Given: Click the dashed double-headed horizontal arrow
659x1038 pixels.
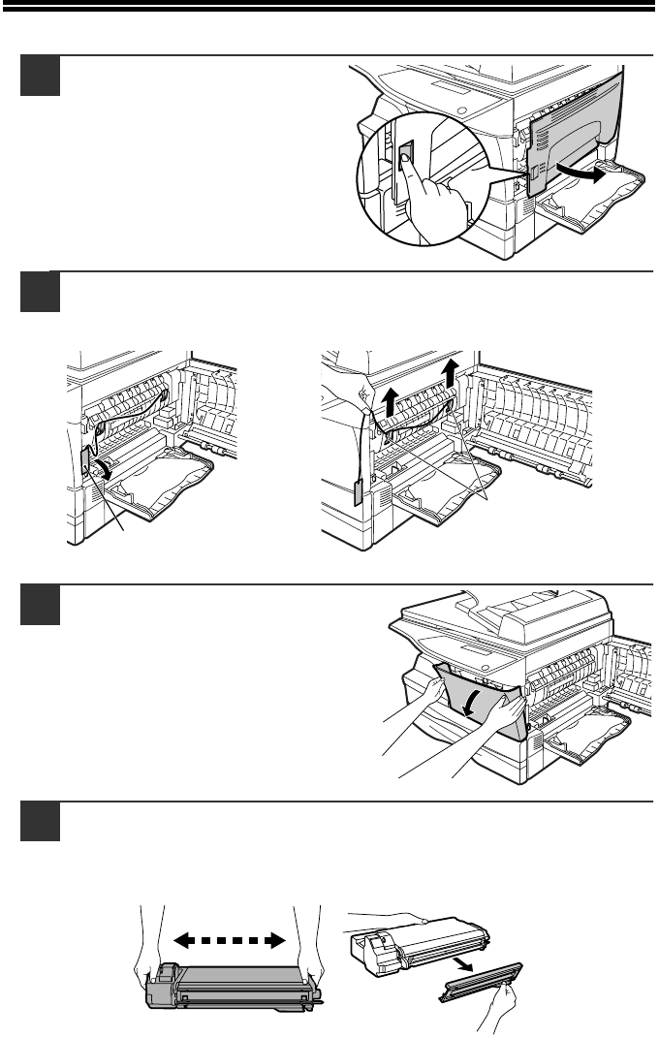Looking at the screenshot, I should [229, 939].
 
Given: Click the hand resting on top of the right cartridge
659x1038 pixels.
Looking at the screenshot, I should [388, 916].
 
